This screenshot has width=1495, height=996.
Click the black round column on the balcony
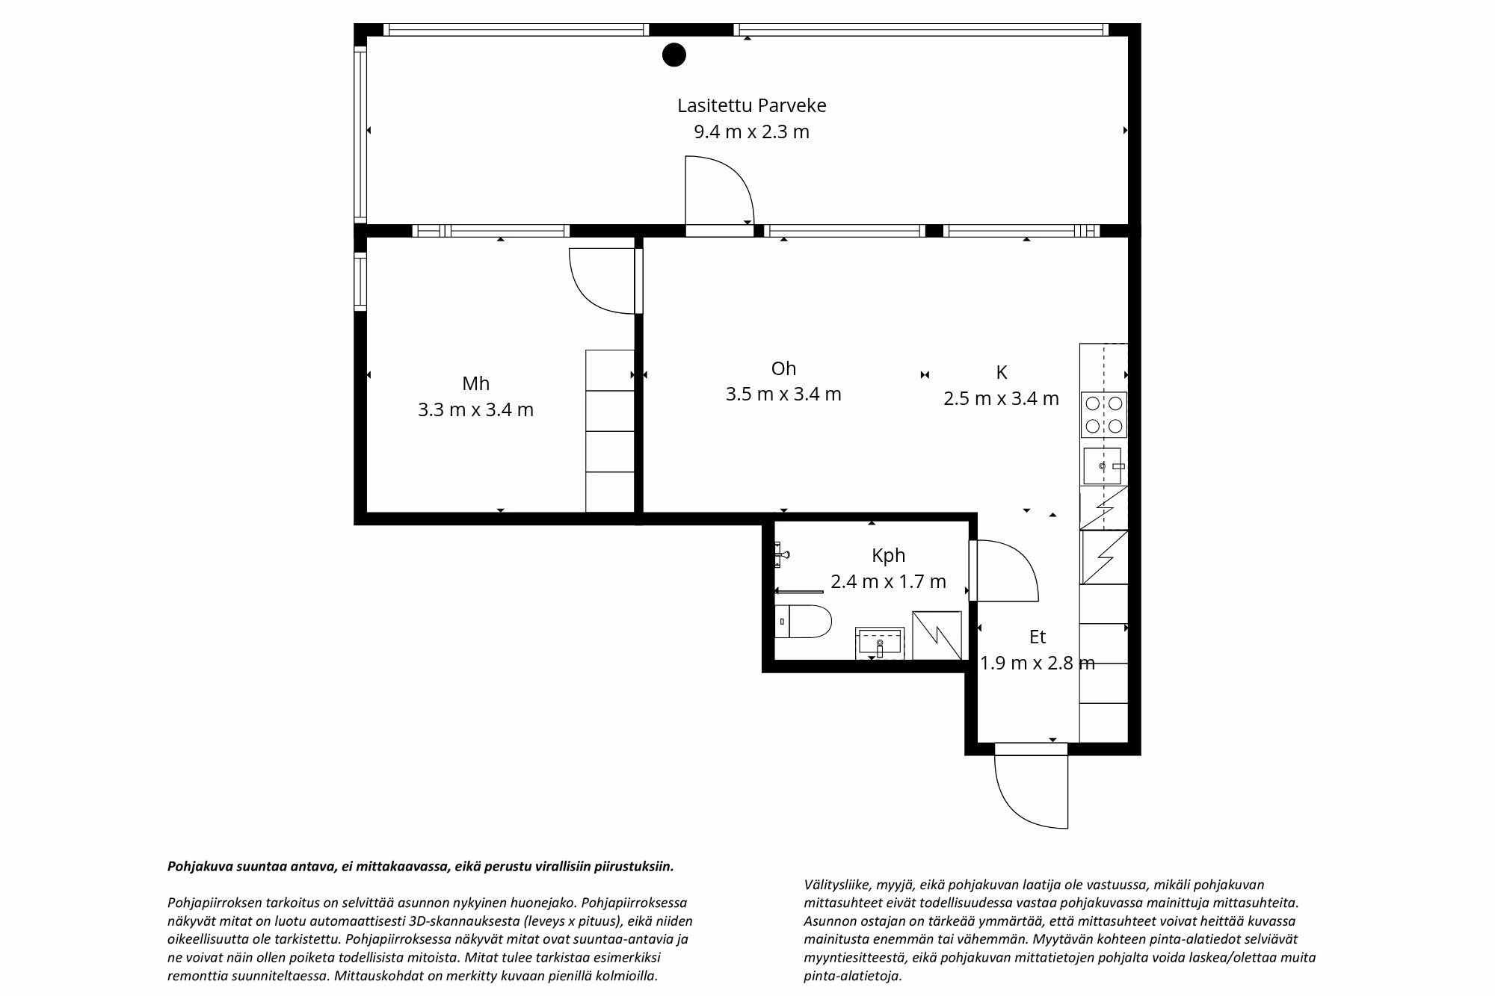click(674, 55)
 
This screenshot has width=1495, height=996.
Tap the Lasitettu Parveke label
click(751, 105)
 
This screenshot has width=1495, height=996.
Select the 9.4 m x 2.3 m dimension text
click(751, 132)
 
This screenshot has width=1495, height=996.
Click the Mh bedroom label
click(475, 384)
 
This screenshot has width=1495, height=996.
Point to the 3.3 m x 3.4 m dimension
click(475, 410)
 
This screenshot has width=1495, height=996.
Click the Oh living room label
click(783, 368)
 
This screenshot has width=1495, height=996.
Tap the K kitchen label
click(1001, 372)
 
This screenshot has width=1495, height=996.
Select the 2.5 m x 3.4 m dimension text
click(1001, 399)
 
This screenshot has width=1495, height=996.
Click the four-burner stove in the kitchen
click(1103, 415)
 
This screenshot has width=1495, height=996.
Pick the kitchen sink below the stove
click(1103, 465)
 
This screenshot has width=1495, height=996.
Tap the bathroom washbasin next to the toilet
click(880, 643)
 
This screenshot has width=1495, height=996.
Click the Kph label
click(888, 555)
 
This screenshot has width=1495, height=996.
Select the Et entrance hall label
click(1037, 637)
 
